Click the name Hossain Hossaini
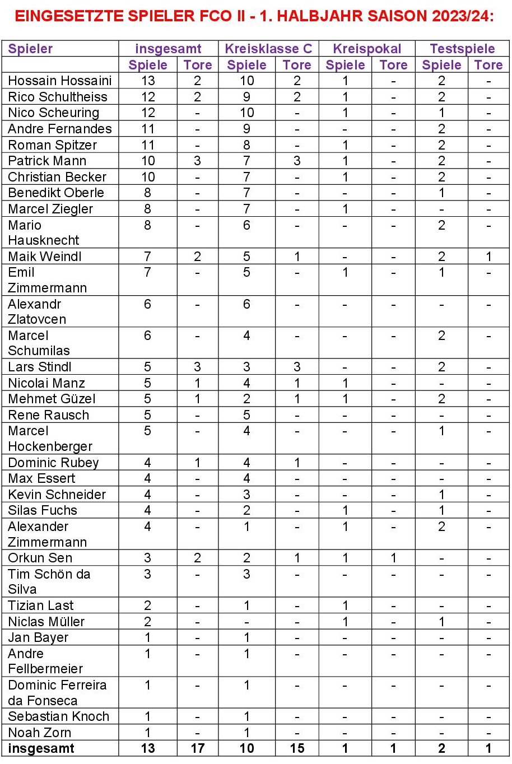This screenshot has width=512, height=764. tap(60, 81)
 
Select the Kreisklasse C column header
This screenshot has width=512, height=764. tap(268, 49)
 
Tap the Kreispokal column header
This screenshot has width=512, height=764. tap(367, 49)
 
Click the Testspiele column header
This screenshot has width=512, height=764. tap(462, 49)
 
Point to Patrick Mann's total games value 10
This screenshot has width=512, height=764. tap(148, 161)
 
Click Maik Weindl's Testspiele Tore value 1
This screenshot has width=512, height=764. tap(488, 257)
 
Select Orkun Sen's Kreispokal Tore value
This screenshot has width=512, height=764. tap(393, 558)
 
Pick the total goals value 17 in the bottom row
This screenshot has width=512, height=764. tap(198, 748)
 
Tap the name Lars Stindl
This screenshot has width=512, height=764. tap(40, 367)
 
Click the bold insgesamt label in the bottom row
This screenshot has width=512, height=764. tap(41, 748)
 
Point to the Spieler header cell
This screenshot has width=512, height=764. tap(30, 49)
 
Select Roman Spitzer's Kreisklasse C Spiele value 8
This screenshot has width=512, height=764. tap(246, 145)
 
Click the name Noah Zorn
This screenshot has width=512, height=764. tap(40, 733)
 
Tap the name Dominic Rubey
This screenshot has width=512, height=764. tap(53, 463)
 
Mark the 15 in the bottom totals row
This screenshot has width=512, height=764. tap(297, 748)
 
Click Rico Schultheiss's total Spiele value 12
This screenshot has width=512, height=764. tap(148, 97)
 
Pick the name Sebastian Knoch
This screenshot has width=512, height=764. tap(59, 716)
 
